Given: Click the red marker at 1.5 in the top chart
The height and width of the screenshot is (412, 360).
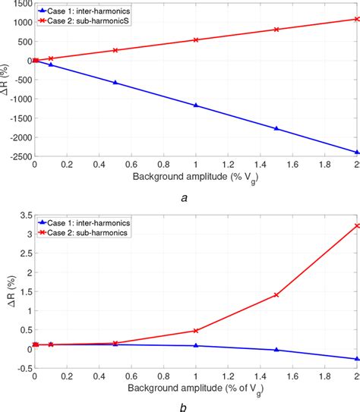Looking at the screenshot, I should tap(276, 30).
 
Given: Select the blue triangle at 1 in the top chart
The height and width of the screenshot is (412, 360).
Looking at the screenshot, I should tap(196, 105).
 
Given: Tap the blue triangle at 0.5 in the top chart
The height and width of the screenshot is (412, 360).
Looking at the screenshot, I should tap(115, 83).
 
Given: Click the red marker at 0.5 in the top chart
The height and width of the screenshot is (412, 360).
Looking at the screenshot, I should tap(115, 50).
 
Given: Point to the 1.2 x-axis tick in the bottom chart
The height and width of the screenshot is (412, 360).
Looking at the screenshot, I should tap(228, 376).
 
